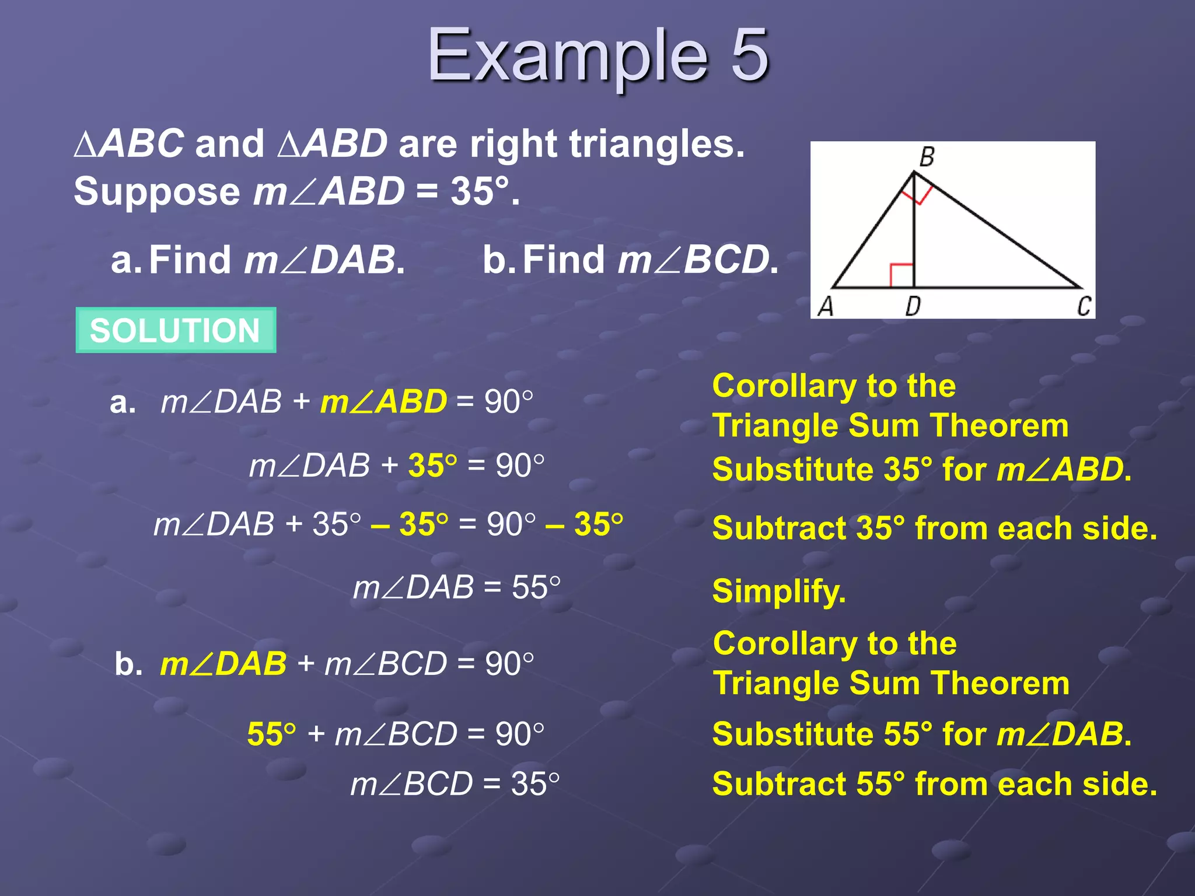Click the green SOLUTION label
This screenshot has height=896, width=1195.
click(x=175, y=330)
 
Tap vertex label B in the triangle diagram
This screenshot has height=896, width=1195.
click(x=927, y=156)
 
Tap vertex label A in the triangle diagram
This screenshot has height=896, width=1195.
click(x=826, y=306)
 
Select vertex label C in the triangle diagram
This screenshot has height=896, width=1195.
click(x=1084, y=306)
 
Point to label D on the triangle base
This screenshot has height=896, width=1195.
click(x=913, y=306)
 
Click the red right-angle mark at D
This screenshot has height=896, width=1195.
click(x=902, y=275)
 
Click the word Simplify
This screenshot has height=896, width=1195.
click(x=779, y=591)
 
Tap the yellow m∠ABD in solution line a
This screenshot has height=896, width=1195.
click(x=383, y=402)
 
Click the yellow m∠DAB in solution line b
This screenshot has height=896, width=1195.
click(x=223, y=664)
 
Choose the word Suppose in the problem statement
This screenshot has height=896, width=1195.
click(x=157, y=191)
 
